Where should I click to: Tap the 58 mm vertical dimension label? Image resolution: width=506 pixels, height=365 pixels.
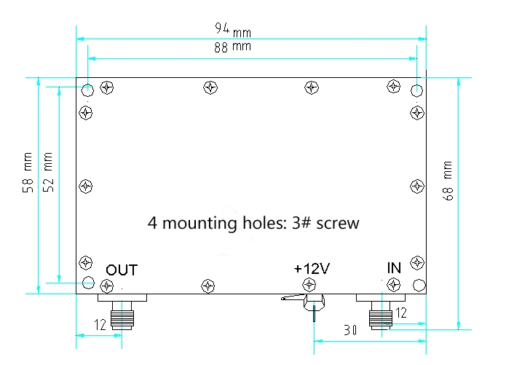pyautogui.click(x=28, y=173)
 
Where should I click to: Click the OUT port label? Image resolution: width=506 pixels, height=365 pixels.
pyautogui.click(x=122, y=270)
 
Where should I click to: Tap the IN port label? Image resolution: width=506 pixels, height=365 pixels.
pyautogui.click(x=393, y=269)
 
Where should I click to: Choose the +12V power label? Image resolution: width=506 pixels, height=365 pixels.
pyautogui.click(x=312, y=269)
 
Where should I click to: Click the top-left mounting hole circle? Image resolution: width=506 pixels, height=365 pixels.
pyautogui.click(x=87, y=90)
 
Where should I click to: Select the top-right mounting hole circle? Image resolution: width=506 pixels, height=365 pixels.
pyautogui.click(x=417, y=90)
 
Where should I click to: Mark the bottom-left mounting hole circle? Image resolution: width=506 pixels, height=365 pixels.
pyautogui.click(x=87, y=283)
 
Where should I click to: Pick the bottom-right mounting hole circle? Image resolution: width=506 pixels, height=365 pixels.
pyautogui.click(x=418, y=284)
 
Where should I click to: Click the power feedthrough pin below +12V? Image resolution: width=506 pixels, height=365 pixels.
pyautogui.click(x=314, y=309)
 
